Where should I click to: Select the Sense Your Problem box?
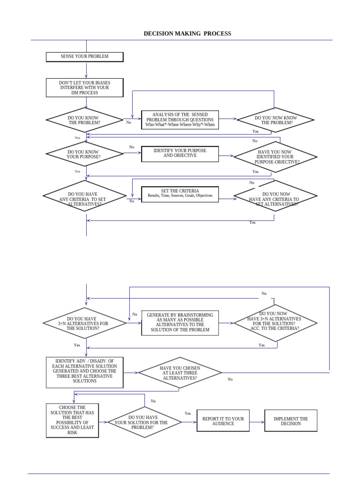point(84,57)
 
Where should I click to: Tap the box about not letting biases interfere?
point(84,88)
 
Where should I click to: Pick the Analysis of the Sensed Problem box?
point(180,120)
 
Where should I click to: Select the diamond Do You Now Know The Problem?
point(276,120)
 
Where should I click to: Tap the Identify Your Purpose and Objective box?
point(180,154)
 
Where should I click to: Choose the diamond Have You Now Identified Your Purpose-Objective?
point(276,157)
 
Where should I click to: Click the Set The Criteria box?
point(180,194)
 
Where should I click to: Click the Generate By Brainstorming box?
point(180,322)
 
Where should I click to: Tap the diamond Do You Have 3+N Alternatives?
point(84,323)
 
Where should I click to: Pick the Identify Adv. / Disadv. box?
point(84,373)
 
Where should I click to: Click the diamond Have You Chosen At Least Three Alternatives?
point(180,373)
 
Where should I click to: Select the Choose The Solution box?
point(72,420)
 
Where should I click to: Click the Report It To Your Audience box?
point(223,421)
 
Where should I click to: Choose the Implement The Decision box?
point(291,421)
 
